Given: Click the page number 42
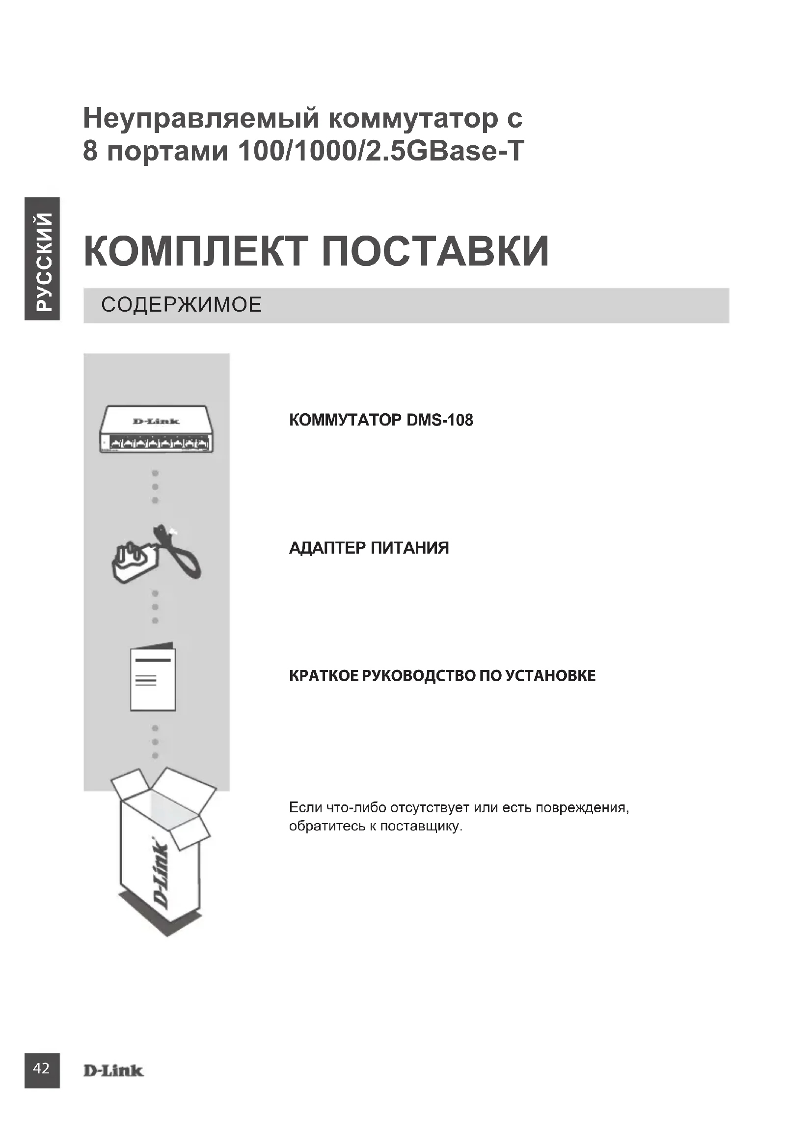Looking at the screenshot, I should (41, 1068).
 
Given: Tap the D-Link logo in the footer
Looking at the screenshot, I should (113, 1070).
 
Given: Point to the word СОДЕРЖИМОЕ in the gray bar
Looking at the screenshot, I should (182, 305).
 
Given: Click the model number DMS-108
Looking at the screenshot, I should (439, 420).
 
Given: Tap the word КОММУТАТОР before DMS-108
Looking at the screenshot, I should (346, 420).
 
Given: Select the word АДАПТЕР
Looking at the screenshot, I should (328, 548).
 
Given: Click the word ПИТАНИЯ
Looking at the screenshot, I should (410, 548).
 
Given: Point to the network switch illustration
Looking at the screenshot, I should (157, 429).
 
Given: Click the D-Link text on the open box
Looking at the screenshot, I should (161, 875).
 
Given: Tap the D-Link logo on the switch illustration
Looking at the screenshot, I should (156, 421).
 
